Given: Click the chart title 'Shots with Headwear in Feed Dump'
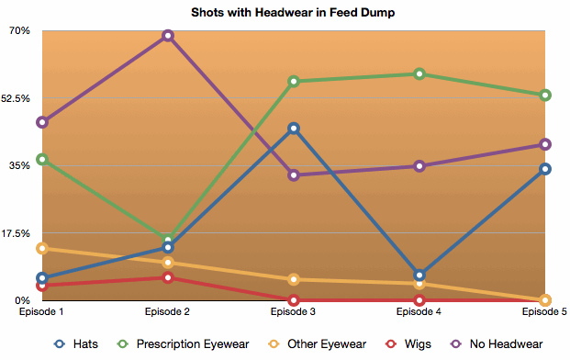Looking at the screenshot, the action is [293, 12].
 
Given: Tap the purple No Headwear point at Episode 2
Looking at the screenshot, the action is [168, 36].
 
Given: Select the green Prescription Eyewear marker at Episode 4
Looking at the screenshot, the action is [419, 74].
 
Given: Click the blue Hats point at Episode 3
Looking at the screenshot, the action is [294, 129].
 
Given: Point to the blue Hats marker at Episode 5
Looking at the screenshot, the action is [545, 169].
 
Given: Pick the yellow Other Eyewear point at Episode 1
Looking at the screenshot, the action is [42, 249].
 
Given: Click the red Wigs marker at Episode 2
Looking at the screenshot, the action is [168, 278].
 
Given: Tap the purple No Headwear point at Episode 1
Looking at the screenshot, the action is [42, 122].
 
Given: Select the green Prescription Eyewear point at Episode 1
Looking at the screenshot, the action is [42, 159].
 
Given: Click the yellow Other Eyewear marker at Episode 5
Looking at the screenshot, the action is [545, 300].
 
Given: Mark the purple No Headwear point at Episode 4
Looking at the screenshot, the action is [419, 166].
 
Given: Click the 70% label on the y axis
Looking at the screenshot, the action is [19, 30].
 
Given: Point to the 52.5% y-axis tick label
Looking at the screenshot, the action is [16, 98].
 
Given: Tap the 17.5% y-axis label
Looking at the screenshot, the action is [16, 233].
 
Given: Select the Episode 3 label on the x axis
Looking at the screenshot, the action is [293, 312].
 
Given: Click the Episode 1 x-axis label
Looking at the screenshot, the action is [41, 312].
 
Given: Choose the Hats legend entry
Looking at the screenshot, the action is [76, 344].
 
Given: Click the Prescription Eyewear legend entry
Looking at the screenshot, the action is [184, 344].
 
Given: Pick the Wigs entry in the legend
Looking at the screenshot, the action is [408, 344].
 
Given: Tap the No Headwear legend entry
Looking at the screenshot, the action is [497, 344].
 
